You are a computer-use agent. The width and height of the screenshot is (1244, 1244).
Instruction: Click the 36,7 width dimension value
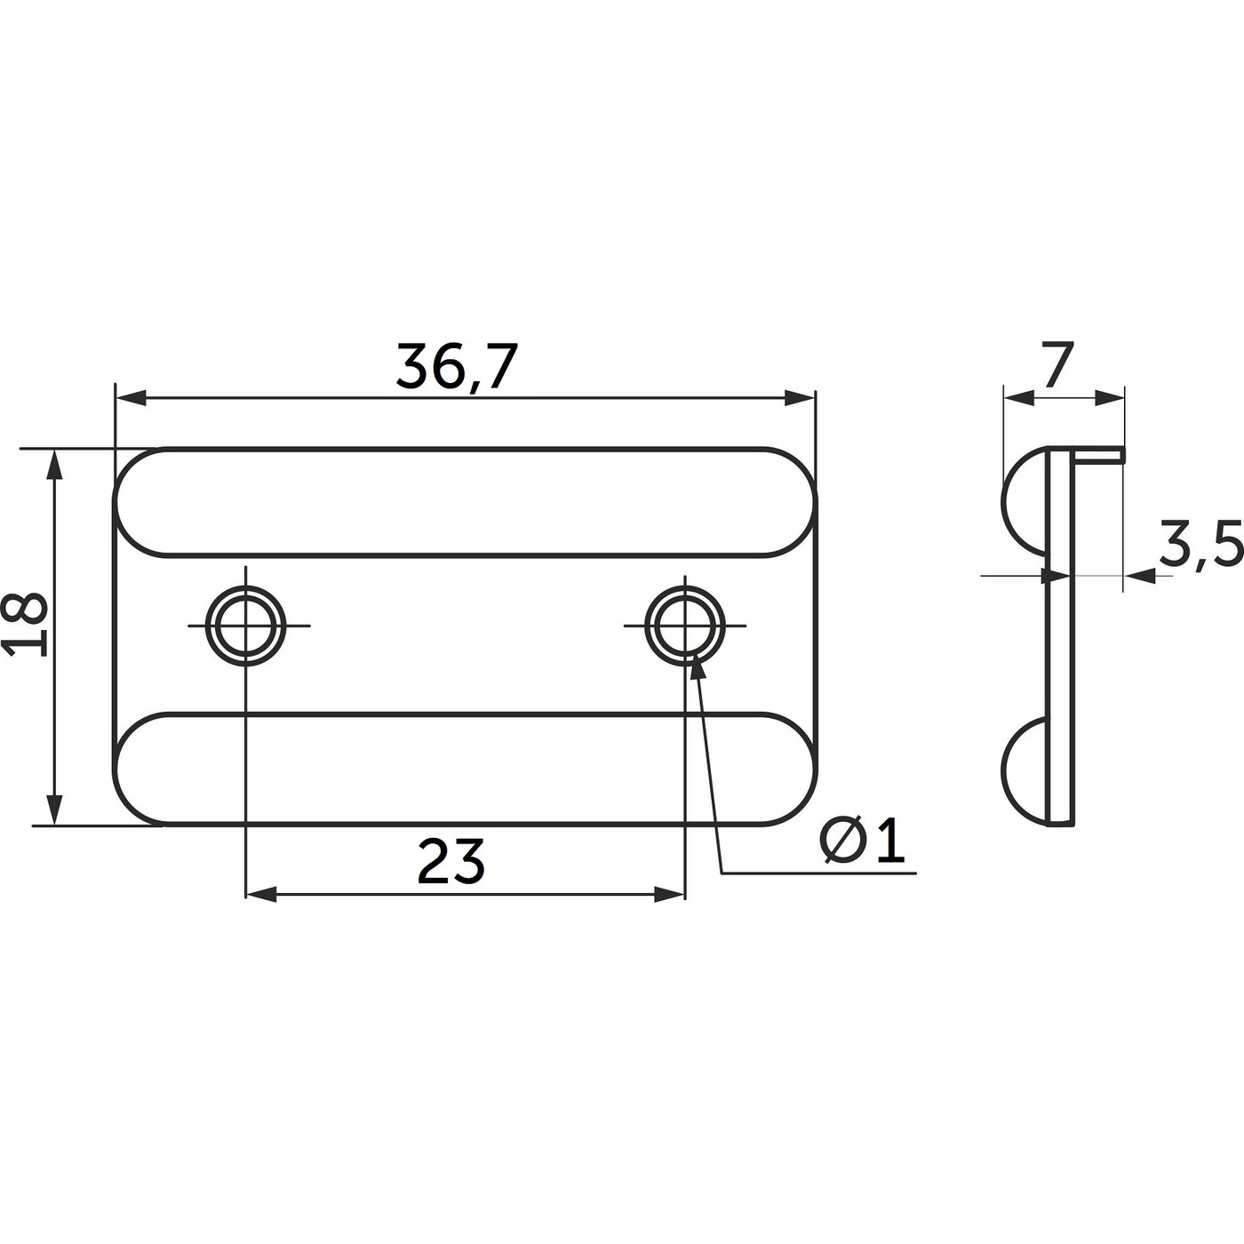pyautogui.click(x=457, y=367)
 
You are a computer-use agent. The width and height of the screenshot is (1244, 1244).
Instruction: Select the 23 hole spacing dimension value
pyautogui.click(x=451, y=861)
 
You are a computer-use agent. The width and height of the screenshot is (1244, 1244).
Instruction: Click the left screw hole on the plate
pyautogui.click(x=245, y=626)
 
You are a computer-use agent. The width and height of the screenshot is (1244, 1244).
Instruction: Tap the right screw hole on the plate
pyautogui.click(x=685, y=626)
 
